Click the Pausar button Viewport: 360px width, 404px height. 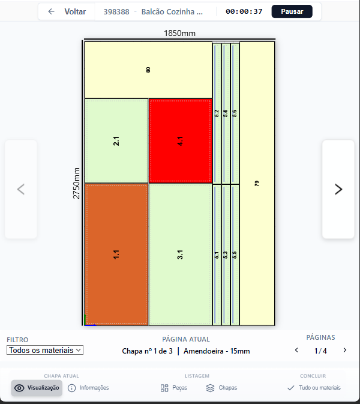click(292, 11)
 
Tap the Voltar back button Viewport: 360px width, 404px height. click(67, 11)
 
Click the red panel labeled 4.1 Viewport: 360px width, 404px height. click(180, 141)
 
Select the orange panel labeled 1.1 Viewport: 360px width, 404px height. click(116, 255)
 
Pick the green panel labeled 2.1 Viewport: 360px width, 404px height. click(116, 141)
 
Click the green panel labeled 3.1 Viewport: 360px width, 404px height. click(180, 255)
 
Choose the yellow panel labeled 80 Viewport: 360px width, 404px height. click(148, 70)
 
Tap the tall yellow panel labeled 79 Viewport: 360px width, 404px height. click(257, 184)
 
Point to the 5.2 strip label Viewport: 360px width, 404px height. click(217, 113)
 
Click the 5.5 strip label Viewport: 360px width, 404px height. click(235, 255)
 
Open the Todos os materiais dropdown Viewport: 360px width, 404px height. click(45, 350)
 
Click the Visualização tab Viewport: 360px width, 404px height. click(37, 388)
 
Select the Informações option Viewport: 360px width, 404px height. click(88, 388)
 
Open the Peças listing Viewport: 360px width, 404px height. click(174, 388)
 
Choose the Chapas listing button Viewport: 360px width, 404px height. click(222, 388)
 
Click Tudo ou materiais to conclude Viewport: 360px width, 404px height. click(314, 388)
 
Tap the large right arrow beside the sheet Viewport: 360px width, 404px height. click(338, 189)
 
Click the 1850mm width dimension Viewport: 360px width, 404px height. click(180, 33)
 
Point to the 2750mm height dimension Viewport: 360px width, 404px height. click(76, 183)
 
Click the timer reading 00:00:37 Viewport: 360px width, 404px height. click(244, 11)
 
